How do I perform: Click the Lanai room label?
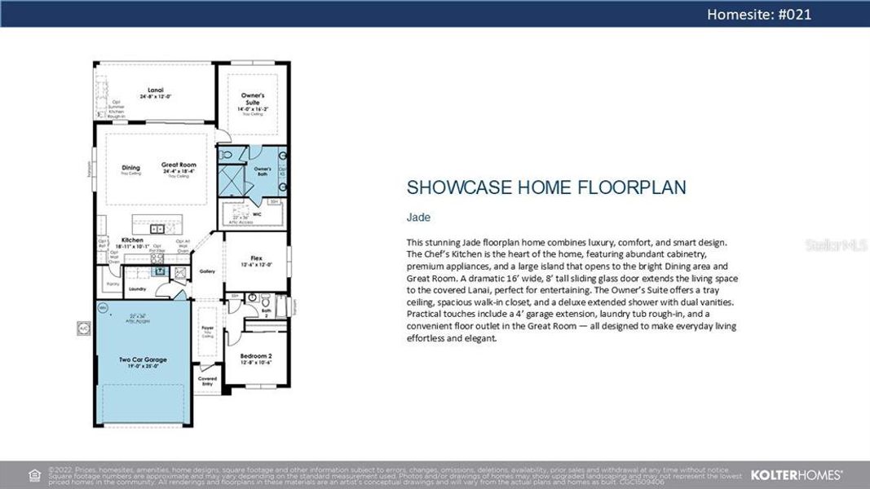[155, 90]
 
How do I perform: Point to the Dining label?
[130, 168]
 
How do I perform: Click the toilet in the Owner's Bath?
[228, 153]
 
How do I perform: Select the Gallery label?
[207, 271]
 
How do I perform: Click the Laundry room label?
[137, 289]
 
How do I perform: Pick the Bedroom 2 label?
[256, 356]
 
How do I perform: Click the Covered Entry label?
[207, 380]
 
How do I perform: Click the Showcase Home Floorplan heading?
[545, 187]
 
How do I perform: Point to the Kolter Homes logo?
[796, 474]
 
